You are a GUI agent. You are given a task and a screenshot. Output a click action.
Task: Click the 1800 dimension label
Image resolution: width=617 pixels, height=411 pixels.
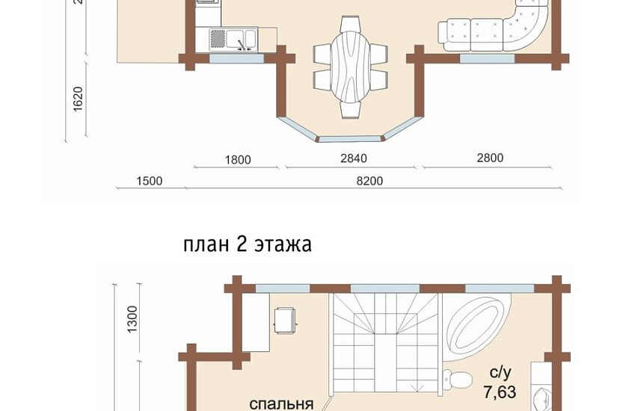pos(237,159)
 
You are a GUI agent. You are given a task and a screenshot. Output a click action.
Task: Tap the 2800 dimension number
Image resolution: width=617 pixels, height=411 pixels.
pos(489,158)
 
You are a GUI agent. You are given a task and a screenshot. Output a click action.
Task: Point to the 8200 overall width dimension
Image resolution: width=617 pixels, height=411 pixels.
pos(369,181)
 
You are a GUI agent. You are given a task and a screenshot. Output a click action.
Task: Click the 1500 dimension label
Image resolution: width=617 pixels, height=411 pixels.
pos(150,181)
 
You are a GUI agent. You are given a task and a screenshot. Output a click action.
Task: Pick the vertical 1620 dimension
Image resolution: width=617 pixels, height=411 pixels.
pos(78,100)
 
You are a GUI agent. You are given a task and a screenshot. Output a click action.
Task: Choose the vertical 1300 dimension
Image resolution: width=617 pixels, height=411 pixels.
pos(132,320)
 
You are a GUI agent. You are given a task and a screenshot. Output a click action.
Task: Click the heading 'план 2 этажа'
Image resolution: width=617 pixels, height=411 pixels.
pos(247,244)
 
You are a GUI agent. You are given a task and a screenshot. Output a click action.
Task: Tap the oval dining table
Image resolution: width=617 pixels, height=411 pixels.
pos(350,65)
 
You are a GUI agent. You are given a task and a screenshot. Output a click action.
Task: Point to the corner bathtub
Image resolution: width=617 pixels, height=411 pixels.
pos(479,329)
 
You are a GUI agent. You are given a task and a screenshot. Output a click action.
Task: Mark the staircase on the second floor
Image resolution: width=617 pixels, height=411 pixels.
pos(385,340)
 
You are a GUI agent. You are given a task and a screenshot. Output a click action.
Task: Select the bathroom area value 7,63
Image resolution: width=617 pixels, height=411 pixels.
pos(500,392)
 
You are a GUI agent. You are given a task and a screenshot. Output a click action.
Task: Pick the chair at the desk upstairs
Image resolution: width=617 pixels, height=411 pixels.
pos(286,321)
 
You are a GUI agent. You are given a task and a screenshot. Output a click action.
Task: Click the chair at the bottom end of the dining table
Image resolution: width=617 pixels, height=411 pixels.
pos(350,109)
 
